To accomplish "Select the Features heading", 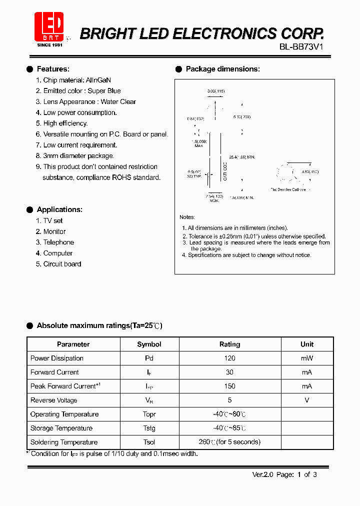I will tap(53, 69).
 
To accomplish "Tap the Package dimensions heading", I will tap(222, 69).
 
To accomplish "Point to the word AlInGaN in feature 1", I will tap(98, 80).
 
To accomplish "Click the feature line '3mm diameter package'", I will tap(78, 156).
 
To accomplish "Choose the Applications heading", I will tap(59, 209).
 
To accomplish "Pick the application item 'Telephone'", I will tap(58, 242).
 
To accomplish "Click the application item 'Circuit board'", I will tap(62, 264).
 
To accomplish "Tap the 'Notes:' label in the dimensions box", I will tap(187, 217).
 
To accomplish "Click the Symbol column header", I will tap(149, 344).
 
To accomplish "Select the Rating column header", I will tap(229, 344).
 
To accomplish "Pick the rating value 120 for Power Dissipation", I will tap(229, 358).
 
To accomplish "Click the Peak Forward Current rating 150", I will tap(229, 386).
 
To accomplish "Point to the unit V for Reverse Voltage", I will tap(307, 400).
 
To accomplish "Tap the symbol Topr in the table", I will tap(149, 414).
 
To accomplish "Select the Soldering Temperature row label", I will tap(64, 442).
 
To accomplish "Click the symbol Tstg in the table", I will tap(149, 428).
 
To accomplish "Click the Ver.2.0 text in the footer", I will tap(262, 474).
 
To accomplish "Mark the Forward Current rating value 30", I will tap(229, 372).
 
